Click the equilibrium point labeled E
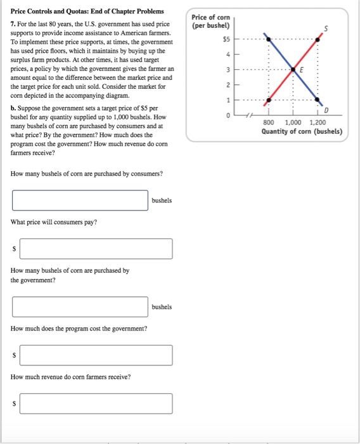(293, 69)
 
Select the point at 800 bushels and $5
(269, 39)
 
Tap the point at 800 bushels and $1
(269, 100)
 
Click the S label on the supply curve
(326, 28)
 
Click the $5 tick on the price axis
(226, 39)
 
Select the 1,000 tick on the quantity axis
(293, 122)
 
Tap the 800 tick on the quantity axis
(268, 122)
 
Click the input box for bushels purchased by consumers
(80, 200)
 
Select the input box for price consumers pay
(96, 249)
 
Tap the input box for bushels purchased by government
(80, 306)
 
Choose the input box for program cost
(96, 355)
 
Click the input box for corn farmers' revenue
(96, 403)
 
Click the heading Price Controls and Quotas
(87, 11)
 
